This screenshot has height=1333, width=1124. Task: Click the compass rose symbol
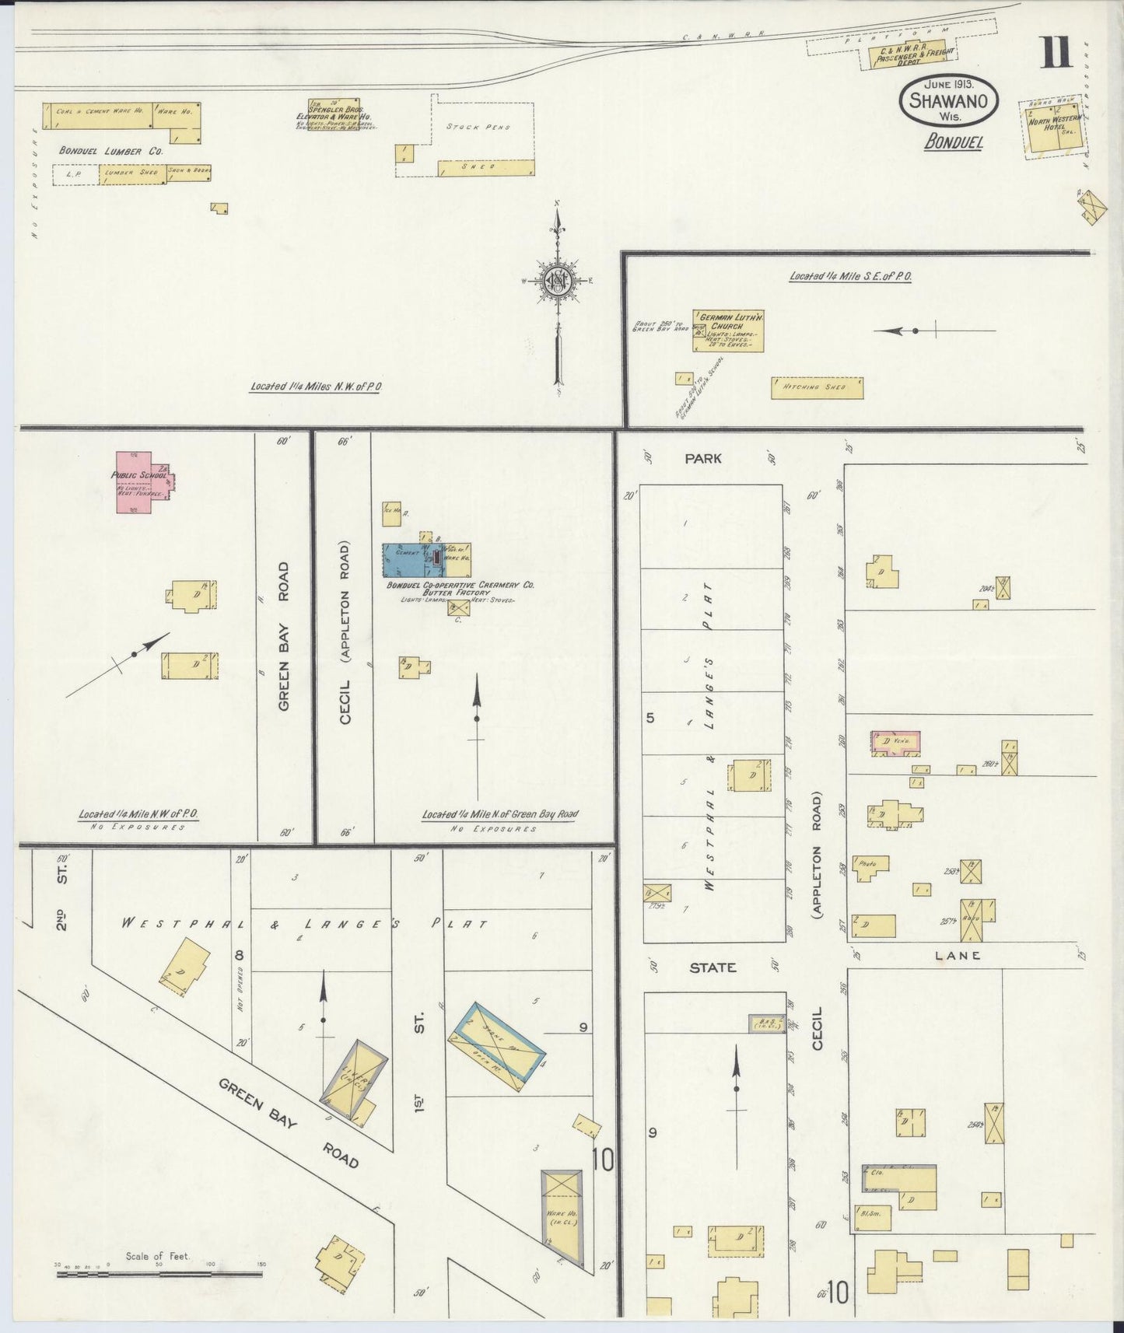point(558,282)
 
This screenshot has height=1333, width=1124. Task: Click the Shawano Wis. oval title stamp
point(948,102)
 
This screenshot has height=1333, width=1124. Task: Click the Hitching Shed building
point(817,387)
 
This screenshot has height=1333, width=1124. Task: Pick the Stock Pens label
point(478,126)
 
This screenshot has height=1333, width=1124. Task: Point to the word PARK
point(702,459)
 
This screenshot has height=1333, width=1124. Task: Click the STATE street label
point(713,967)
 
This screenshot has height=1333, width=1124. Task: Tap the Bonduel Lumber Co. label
point(111,150)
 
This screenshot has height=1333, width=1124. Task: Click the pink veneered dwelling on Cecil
point(895,742)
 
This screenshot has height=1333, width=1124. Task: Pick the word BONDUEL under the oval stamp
point(954,142)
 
